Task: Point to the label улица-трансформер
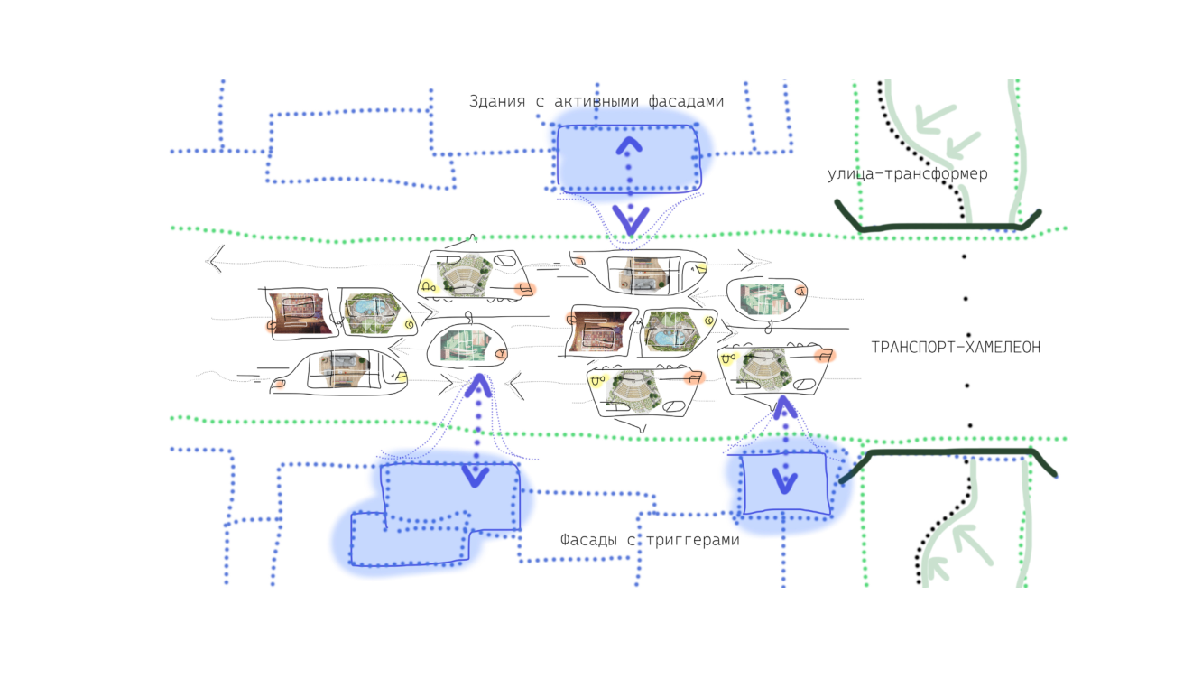[x=907, y=174]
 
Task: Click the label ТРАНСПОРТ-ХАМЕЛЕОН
[x=956, y=347]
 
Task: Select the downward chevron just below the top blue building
[x=629, y=217]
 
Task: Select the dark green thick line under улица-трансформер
[x=938, y=224]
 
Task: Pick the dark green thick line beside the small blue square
[x=948, y=452]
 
